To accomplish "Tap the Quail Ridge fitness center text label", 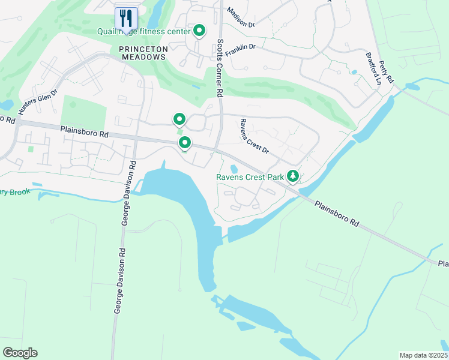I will pos(144,31).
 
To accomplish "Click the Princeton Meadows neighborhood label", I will pos(142,52).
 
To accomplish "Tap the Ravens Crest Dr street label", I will pos(254,136).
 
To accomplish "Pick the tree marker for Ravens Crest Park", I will pos(293,176).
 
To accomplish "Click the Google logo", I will pos(20,353).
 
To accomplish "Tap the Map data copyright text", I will pos(424,355).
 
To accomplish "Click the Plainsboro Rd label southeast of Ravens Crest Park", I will pos(336,213).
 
